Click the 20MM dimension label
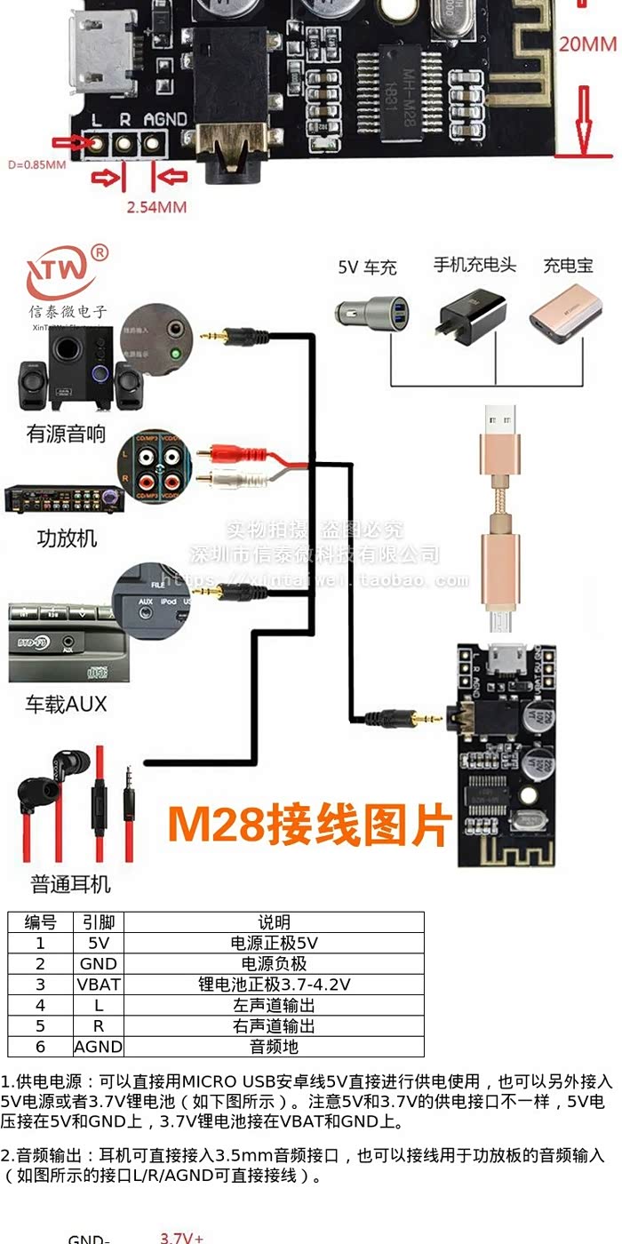587,44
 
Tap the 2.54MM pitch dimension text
155,207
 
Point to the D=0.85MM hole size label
36,164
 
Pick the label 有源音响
67,434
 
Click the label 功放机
67,538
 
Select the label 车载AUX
66,705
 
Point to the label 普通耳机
71,884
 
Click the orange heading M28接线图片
309,824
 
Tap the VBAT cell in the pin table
98,985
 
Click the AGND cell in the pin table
98,1047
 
